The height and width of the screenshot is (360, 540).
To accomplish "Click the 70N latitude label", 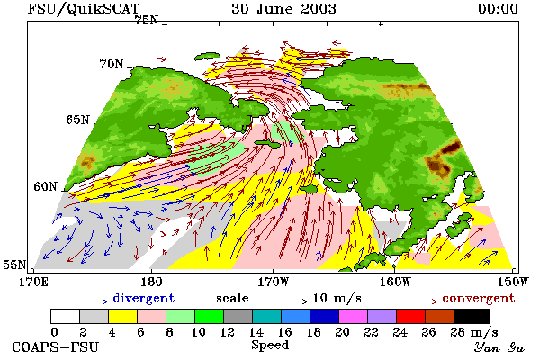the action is (112, 64).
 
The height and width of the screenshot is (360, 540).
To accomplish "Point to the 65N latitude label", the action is (77, 120).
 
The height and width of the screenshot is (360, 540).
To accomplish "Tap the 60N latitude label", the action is (45, 186).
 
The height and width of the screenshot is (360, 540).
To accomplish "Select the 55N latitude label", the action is (14, 265).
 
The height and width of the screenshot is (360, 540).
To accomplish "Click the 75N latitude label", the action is (147, 21).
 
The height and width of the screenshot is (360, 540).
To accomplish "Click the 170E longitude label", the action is (33, 282).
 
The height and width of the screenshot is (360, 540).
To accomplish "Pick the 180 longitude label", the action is (151, 282).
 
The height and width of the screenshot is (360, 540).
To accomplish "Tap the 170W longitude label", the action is (274, 282).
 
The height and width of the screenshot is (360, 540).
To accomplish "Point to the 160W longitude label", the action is (395, 282).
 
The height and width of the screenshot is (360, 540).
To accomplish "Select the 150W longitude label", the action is (513, 282).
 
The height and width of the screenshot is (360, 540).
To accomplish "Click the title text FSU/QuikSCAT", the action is (84, 9).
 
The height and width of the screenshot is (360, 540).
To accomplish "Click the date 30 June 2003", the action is (283, 9).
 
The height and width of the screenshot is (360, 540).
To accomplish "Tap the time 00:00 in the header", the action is (498, 9).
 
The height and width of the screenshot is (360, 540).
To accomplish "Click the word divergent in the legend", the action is (144, 298).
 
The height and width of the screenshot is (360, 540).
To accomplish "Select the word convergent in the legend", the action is (479, 298).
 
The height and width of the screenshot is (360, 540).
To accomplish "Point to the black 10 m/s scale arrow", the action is (281, 301).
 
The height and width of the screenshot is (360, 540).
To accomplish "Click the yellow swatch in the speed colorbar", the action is (122, 316).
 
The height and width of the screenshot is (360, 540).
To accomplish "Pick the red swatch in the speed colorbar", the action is (411, 316).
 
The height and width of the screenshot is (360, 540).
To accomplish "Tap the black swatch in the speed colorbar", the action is (472, 316).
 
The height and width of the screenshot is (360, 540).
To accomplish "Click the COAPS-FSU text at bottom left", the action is (55, 346).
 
